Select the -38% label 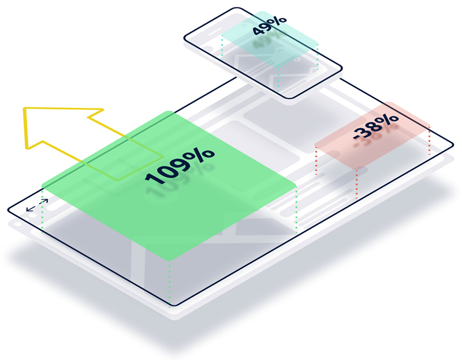click(x=375, y=129)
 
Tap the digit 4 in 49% click(x=258, y=29)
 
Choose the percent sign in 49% click(x=280, y=21)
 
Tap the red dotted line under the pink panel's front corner click(x=357, y=183)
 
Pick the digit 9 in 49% click(x=269, y=25)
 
